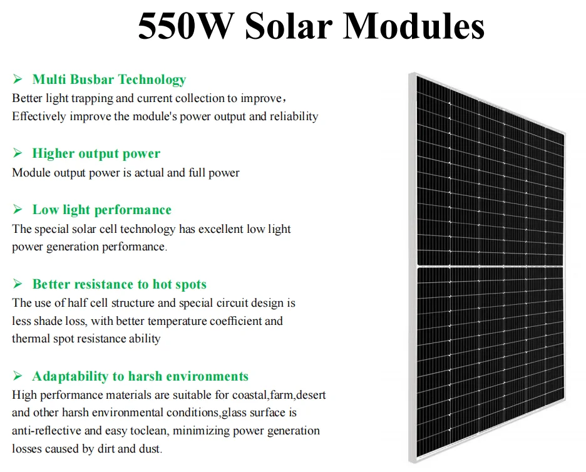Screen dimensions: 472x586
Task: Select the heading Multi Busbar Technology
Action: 109,80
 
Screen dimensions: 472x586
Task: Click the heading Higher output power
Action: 96,153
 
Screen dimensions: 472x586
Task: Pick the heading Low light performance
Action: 101,210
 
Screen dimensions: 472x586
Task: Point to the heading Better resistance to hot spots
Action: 119,284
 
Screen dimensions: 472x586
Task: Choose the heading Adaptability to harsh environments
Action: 140,376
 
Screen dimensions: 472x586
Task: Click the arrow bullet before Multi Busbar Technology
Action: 18,80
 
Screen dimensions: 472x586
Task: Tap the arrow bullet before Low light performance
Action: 18,210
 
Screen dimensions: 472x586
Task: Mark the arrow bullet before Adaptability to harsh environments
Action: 18,376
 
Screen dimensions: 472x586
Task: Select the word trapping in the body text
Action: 91,98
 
